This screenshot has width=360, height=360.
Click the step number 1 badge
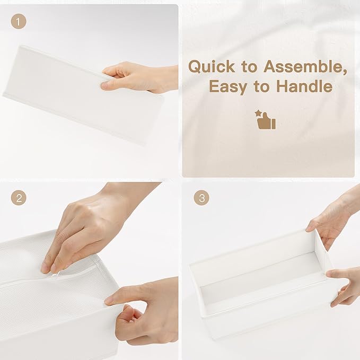coord(19,21)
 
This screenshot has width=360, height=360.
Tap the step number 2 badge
coord(19,198)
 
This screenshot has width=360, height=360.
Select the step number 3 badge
coord(201,198)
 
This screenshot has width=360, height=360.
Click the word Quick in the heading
coord(212,67)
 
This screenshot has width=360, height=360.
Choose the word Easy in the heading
coord(228,87)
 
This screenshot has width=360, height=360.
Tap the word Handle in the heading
coord(304,86)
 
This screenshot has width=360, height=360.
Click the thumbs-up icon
coord(266,121)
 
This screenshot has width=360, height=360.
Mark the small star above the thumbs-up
coord(258,113)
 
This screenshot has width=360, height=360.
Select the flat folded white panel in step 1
coord(83,94)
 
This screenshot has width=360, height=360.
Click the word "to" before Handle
coord(261,86)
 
